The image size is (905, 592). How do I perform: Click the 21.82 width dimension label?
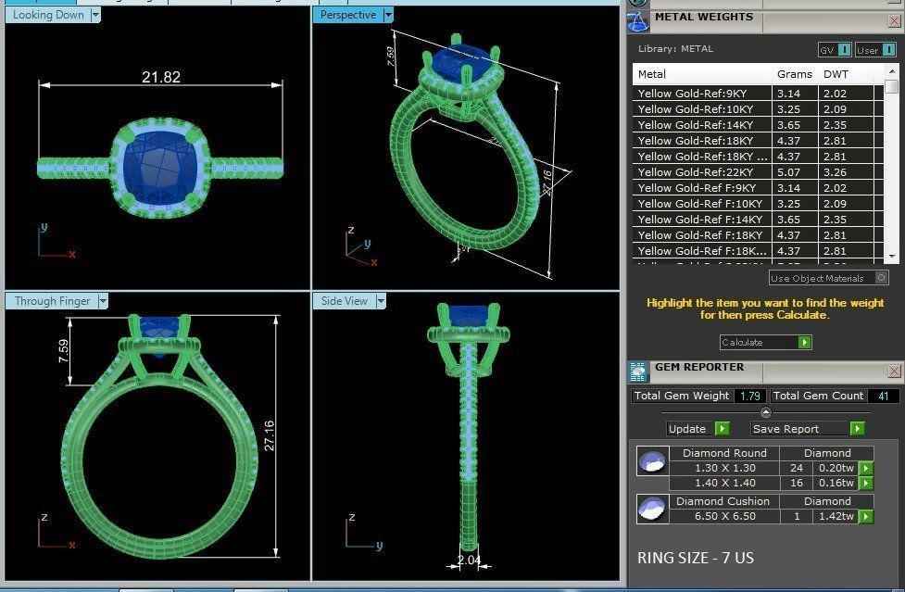coord(160,78)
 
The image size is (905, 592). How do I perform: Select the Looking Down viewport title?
coord(48,15)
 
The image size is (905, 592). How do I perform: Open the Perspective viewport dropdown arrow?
coord(388,15)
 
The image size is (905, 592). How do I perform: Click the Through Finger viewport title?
coord(52,301)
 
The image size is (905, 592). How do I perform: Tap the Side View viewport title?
coord(344,301)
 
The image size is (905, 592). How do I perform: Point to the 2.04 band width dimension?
coord(470,561)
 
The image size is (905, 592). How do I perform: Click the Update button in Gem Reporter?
coord(687,429)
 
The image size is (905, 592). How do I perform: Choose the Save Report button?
coord(786,429)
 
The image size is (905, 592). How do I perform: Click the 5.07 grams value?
coord(788,172)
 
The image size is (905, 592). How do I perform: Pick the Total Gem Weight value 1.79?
coord(748,396)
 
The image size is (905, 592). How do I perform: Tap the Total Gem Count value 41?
coord(883,396)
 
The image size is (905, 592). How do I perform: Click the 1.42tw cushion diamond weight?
coord(836,516)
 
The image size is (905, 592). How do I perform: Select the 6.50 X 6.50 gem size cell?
coord(724,516)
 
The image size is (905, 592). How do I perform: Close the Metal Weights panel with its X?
coord(894,18)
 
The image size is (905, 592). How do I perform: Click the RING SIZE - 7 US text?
coord(696,559)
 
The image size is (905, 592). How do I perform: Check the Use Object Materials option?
coord(881,278)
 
